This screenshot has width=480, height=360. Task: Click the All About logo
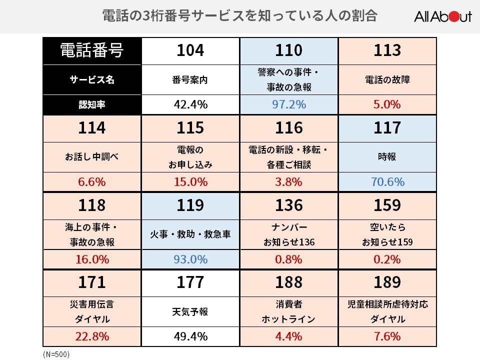[442, 16]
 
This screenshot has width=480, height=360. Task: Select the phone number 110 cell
[289, 50]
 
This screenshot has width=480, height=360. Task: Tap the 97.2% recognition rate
[289, 104]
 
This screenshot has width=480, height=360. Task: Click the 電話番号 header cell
[92, 50]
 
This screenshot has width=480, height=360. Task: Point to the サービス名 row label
[92, 79]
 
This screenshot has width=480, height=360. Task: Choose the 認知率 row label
[92, 104]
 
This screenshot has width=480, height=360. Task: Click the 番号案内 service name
[190, 79]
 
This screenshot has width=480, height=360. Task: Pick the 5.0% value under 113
[387, 104]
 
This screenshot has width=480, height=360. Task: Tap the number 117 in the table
[387, 128]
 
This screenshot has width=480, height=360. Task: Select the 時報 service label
[387, 156]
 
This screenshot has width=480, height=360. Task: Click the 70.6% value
[387, 182]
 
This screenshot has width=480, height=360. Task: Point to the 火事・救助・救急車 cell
[190, 233]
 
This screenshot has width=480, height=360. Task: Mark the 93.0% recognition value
[190, 259]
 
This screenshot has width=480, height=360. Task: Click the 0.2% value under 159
[387, 259]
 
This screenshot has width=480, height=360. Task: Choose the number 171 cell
[92, 282]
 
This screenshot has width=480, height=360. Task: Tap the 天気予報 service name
[190, 311]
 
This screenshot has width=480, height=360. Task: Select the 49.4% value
[190, 336]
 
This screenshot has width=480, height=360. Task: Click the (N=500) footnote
[56, 354]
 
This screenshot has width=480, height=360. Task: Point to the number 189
[387, 282]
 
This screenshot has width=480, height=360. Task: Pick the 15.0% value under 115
[190, 182]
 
